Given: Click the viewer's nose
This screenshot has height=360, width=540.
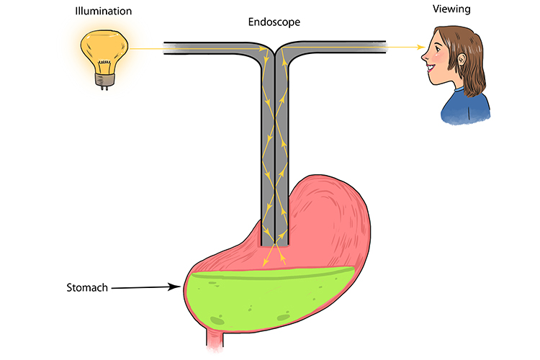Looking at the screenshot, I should click(x=431, y=50).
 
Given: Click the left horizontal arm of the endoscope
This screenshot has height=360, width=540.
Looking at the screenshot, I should click(x=209, y=49).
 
